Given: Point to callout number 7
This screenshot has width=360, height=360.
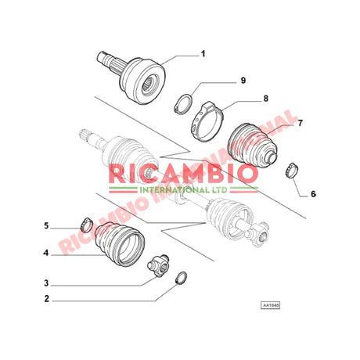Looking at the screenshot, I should (x=299, y=124).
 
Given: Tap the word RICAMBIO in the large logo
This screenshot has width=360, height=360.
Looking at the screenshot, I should (x=182, y=173).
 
